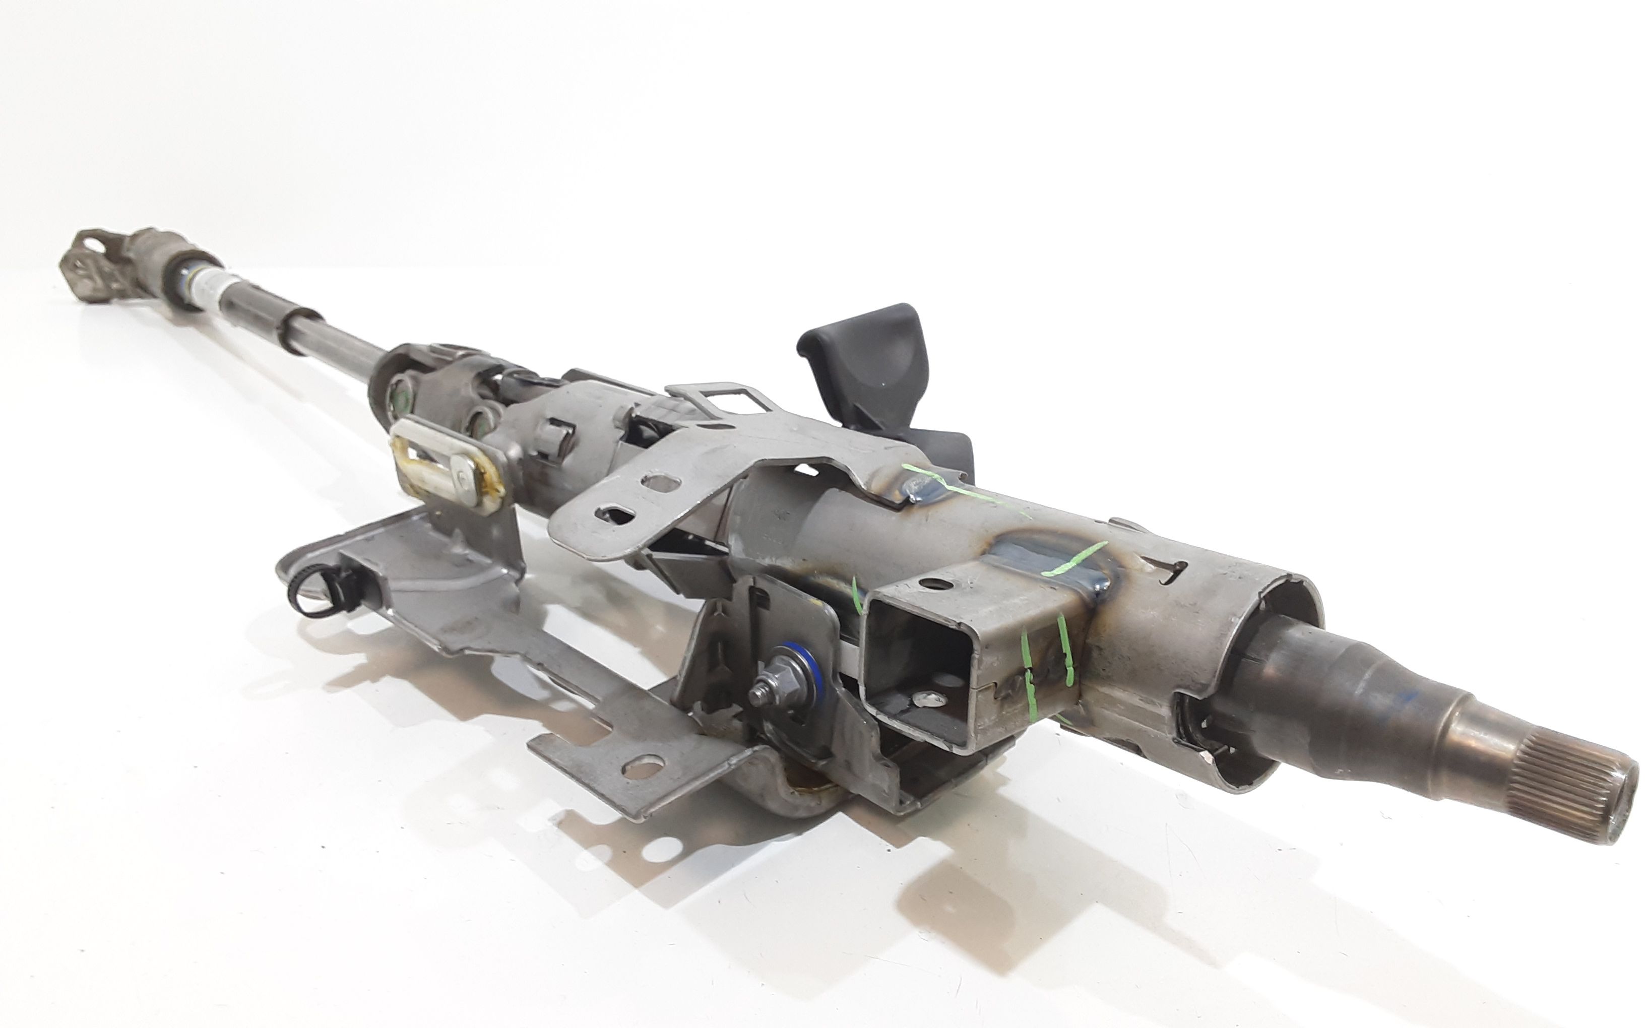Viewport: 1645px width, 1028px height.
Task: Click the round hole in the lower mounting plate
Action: [643, 769]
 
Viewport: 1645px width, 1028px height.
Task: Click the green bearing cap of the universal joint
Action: [402, 398]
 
